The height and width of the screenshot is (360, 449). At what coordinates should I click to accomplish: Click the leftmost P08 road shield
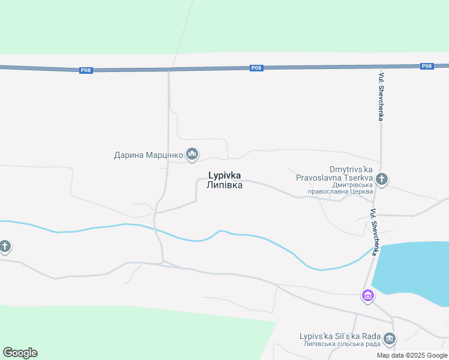tap(86, 70)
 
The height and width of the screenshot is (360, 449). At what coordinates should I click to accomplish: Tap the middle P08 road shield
tap(256, 68)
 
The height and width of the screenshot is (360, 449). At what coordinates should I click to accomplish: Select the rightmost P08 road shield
tap(426, 66)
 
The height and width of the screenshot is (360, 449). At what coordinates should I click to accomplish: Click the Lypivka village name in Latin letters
tap(224, 176)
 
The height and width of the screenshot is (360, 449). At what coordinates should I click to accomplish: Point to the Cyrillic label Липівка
tap(224, 185)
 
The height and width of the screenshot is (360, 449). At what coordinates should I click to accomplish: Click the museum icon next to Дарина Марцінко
tap(192, 155)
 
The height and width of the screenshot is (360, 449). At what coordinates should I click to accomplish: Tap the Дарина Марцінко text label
tap(148, 155)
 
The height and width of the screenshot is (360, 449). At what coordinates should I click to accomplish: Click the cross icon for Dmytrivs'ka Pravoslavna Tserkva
tap(382, 179)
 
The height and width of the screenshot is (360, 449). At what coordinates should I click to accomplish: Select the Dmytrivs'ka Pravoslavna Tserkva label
tap(334, 173)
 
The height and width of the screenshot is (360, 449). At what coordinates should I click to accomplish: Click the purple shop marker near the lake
tap(367, 295)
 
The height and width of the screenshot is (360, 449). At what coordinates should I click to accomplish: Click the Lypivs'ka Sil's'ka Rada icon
tap(389, 340)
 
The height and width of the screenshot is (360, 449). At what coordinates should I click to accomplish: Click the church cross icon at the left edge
tap(4, 246)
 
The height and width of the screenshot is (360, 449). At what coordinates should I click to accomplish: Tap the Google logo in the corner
tap(20, 353)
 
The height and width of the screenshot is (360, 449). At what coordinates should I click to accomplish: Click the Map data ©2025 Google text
tap(412, 355)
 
